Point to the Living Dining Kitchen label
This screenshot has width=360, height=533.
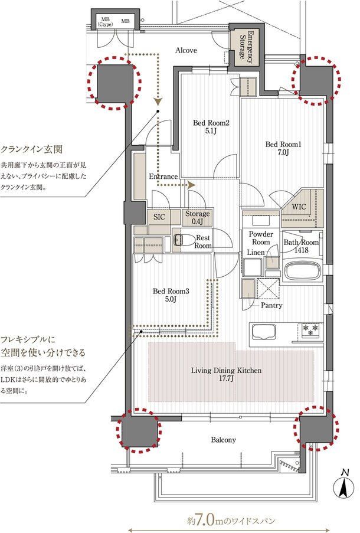[x=226, y=375]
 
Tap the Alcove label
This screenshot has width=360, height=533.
[x=186, y=51]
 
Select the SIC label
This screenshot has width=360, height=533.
[x=159, y=217]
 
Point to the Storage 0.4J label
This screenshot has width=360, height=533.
[x=195, y=218]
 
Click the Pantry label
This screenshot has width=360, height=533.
[x=270, y=305]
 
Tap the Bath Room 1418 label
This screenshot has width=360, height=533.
[x=301, y=246]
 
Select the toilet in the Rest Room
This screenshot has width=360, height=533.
[x=184, y=240]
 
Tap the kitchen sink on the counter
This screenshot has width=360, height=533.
[x=263, y=334]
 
